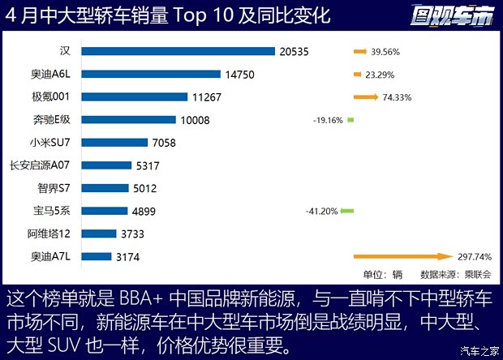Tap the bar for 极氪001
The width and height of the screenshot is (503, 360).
(135, 97)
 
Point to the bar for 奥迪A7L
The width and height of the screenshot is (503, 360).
(97, 256)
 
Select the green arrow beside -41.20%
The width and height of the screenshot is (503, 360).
(347, 212)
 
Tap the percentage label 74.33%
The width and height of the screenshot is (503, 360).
(398, 97)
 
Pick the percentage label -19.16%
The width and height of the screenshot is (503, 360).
(328, 120)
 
